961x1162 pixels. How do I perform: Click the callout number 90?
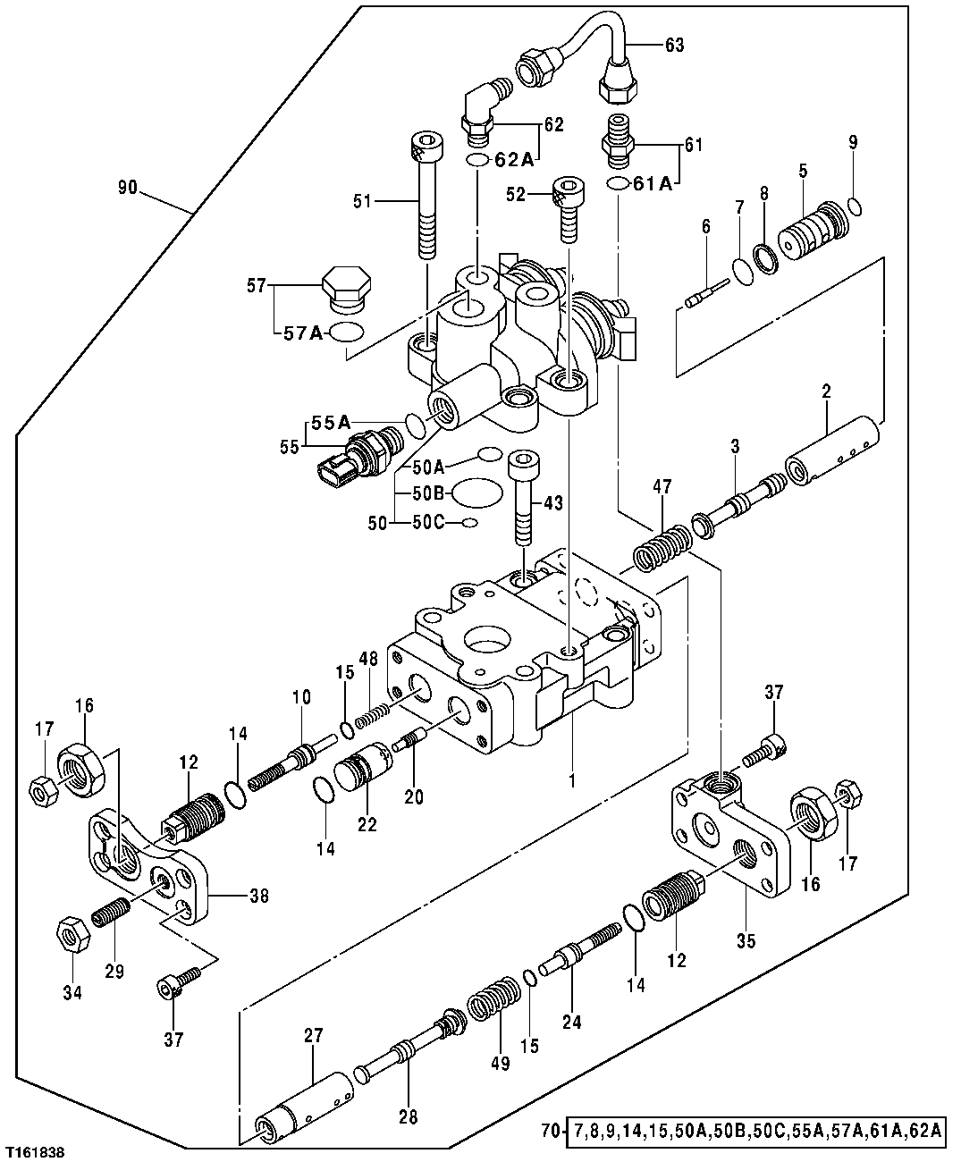point(128,188)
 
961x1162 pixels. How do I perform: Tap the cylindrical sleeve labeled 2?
point(831,448)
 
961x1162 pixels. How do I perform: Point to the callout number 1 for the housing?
point(572,779)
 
